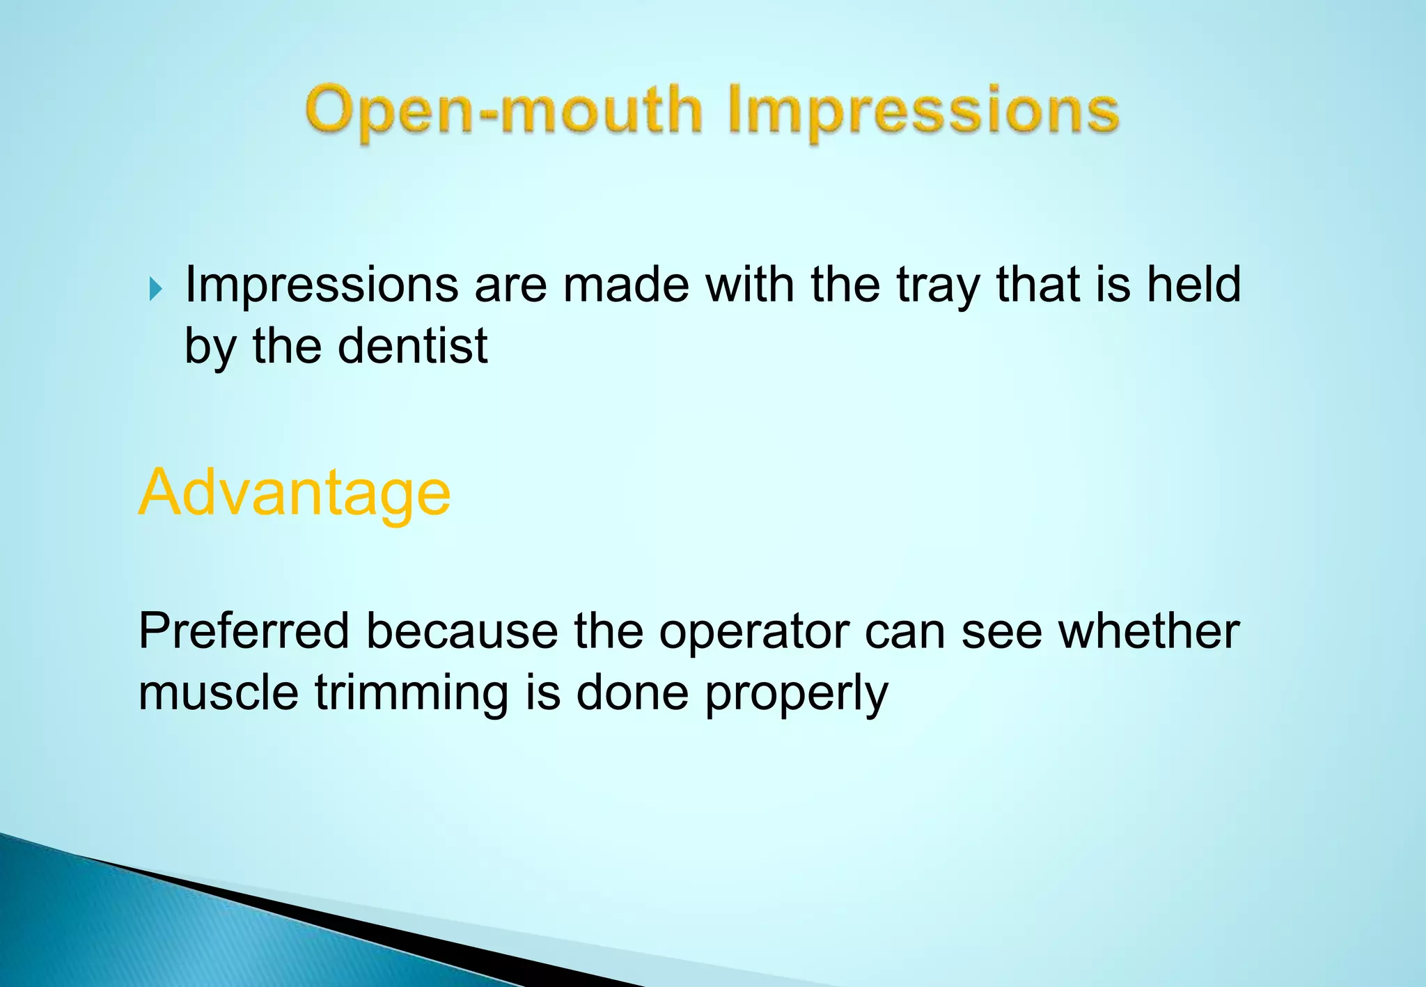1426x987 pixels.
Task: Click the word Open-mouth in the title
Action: tap(503, 111)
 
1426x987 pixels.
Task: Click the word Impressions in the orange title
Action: tap(923, 111)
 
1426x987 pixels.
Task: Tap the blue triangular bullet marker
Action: tap(155, 288)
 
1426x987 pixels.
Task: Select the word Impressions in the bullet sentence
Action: tap(321, 285)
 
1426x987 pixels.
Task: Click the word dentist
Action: tap(412, 346)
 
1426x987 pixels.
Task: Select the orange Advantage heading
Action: tap(295, 493)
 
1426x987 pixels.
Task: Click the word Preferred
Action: tap(244, 631)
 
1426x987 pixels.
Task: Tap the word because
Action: tap(462, 631)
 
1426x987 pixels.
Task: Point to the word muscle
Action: tap(219, 693)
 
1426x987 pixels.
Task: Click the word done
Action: tap(632, 693)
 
